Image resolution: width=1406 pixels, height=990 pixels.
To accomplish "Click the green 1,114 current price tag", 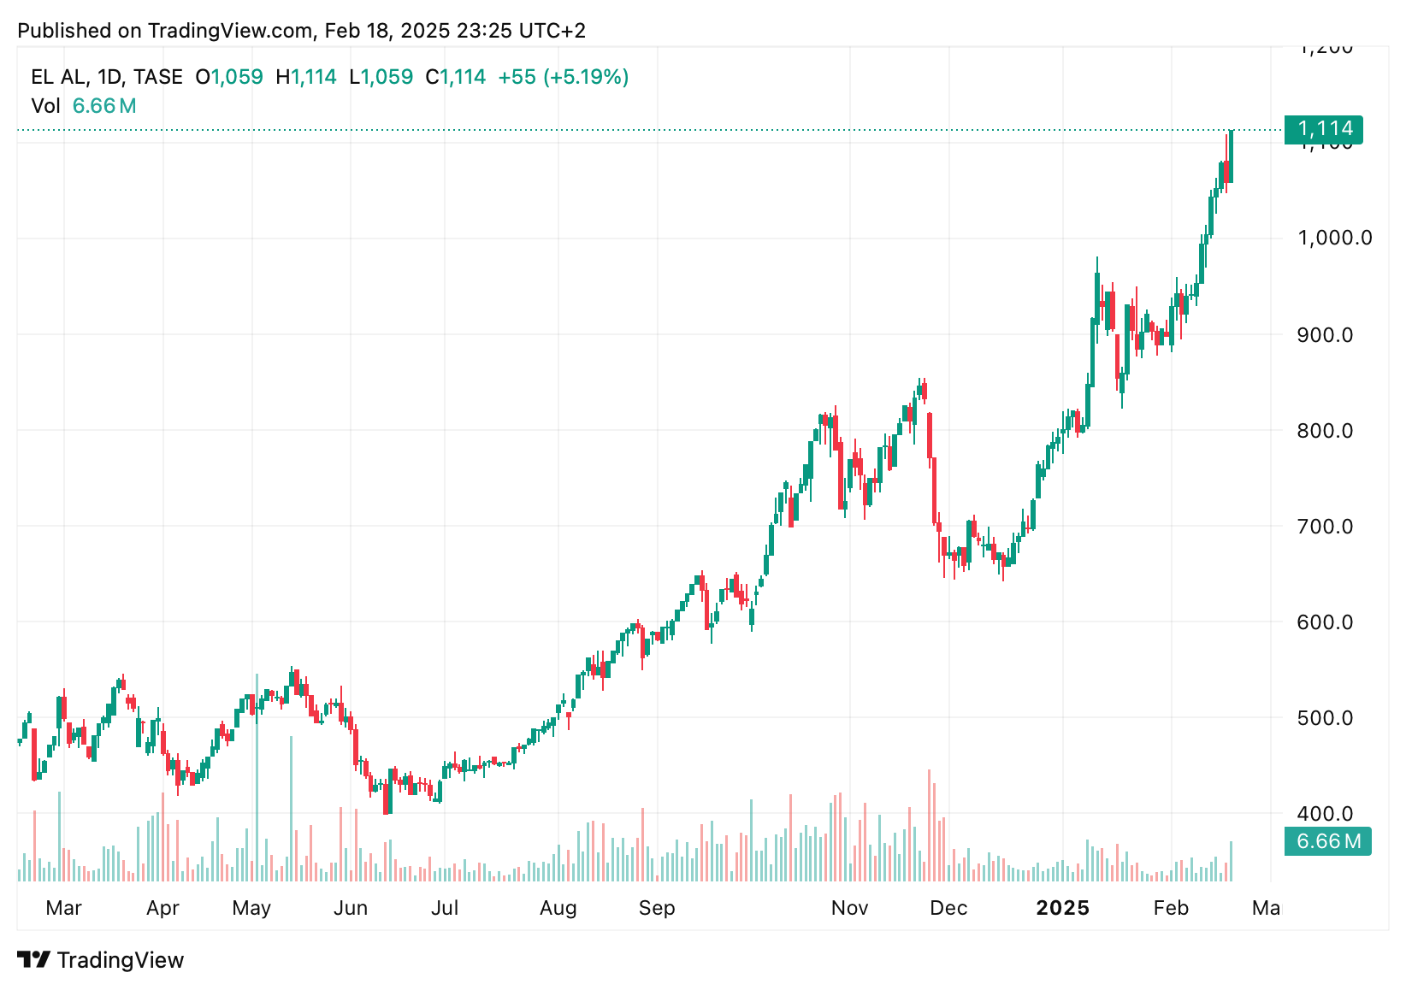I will tap(1324, 129).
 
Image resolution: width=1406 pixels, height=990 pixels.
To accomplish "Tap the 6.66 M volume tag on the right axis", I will tap(1327, 841).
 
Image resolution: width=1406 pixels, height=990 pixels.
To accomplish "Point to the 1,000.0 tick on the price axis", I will tap(1334, 238).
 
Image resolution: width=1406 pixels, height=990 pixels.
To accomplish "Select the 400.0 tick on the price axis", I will tap(1325, 813).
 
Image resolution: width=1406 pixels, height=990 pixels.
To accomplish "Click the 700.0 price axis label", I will tap(1325, 526).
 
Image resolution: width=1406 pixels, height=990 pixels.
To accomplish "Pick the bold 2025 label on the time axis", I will tap(1062, 908).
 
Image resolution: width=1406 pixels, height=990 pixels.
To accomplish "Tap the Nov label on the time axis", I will tap(849, 908).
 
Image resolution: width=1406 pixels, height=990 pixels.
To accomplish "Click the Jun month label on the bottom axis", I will tap(351, 908).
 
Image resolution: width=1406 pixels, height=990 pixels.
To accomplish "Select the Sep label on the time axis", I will tap(657, 908).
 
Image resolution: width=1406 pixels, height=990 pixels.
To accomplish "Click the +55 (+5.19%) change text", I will tap(563, 77).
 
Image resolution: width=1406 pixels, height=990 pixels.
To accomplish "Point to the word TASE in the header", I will tap(158, 77).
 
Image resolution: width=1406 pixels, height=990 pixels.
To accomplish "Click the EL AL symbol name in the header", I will tap(57, 77).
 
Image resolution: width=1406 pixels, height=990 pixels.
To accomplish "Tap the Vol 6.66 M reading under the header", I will tap(84, 106).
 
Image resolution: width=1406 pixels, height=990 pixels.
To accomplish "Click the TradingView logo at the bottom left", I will tap(101, 960).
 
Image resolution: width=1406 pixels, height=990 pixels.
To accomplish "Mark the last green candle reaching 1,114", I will tap(1231, 156).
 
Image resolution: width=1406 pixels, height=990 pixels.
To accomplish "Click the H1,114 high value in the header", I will tap(306, 77).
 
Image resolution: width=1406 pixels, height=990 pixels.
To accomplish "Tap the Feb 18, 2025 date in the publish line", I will tap(387, 31).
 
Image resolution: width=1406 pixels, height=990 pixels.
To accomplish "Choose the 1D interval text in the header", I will tap(109, 77).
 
